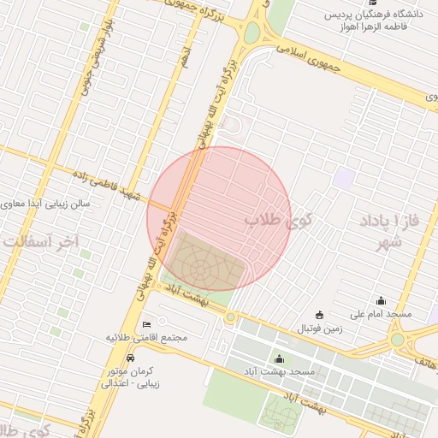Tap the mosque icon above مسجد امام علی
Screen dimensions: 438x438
coord(381,300)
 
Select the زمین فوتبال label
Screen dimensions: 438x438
coord(319,328)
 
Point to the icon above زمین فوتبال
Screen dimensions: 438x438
coord(320,315)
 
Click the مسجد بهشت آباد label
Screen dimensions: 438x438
coord(280,372)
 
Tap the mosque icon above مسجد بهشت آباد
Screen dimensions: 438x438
coord(279,358)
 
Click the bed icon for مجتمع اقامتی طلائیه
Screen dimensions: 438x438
coord(146,324)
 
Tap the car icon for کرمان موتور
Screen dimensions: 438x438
coord(129,358)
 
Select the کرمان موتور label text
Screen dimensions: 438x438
coord(130,371)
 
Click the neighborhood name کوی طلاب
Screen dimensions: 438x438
coord(279,220)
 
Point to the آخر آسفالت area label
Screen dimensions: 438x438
coord(38,242)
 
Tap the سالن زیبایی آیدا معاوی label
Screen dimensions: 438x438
coord(52,204)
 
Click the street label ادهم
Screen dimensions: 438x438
coord(185,58)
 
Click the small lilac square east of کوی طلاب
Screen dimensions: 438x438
coord(345,179)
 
